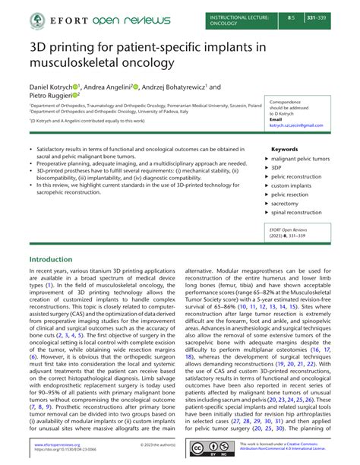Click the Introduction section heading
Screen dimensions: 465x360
click(x=50, y=259)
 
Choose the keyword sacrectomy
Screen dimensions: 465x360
click(x=287, y=203)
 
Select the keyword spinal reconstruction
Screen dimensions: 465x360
click(x=298, y=212)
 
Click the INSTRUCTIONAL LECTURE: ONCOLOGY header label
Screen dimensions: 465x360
click(x=231, y=19)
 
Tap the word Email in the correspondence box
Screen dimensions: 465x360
click(x=276, y=119)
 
